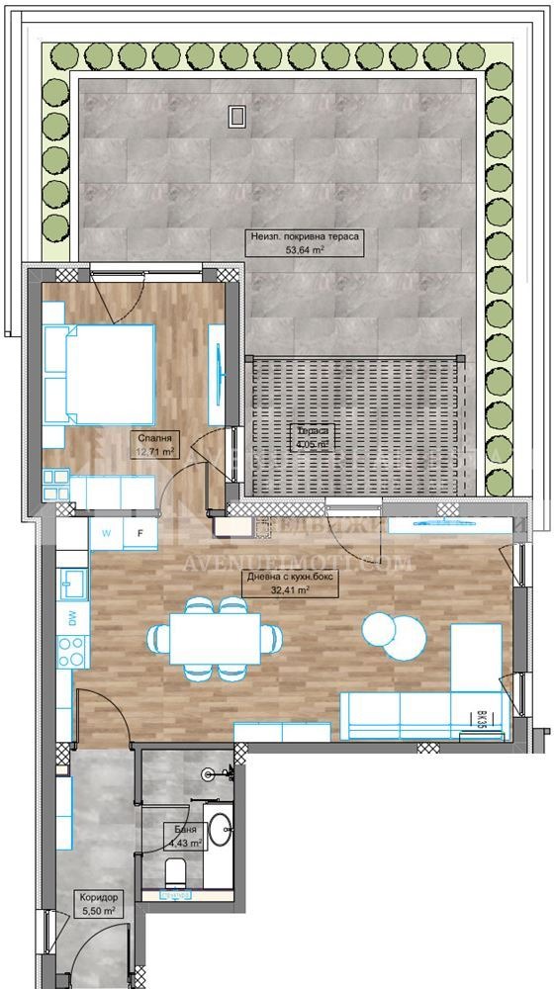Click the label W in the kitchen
[x=106, y=532]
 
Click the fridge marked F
[x=140, y=532]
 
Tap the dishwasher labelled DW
[x=72, y=618]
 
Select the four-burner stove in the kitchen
[x=71, y=651]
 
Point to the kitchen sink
[x=71, y=584]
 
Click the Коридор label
[x=99, y=897]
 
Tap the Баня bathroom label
[x=184, y=831]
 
